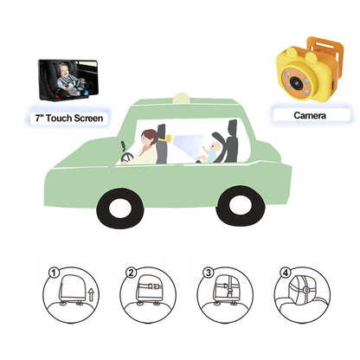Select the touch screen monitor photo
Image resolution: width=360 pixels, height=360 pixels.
click(72, 81)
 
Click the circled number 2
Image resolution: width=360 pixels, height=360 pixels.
click(132, 273)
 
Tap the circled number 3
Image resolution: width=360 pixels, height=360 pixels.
click(208, 273)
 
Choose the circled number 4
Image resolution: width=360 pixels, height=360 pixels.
click(284, 273)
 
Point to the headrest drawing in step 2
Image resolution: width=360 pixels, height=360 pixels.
click(151, 294)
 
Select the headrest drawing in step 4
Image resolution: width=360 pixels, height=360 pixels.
click(303, 294)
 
